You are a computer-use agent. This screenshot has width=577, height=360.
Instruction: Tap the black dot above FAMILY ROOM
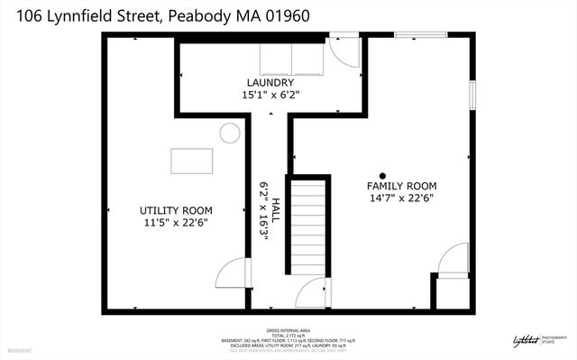pos(382,175)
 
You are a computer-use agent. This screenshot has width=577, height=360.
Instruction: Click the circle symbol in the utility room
pos(229,134)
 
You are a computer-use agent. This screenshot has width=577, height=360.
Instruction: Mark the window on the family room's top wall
pos(420,36)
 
